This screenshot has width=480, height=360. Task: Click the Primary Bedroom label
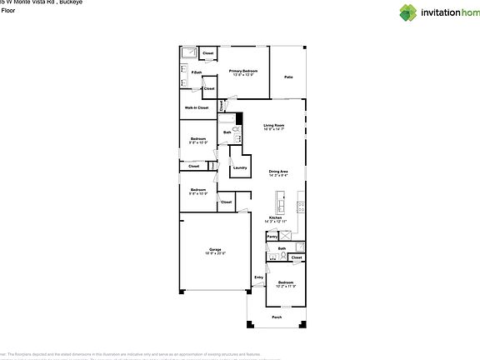[243, 71]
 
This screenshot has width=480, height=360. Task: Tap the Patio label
[288, 77]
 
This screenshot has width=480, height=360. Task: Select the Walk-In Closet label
[196, 107]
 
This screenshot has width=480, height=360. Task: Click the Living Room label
[274, 125]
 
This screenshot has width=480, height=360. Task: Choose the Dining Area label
[278, 171]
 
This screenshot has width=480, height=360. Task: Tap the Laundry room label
[240, 167]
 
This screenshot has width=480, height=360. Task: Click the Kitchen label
[275, 217]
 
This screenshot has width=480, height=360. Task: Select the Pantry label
[272, 237]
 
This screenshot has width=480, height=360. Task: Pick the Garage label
[215, 249]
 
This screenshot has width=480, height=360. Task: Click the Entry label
[258, 277]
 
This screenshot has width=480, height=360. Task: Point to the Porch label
[277, 317]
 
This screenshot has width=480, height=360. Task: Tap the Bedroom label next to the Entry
[285, 282]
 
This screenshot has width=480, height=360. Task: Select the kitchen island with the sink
[282, 203]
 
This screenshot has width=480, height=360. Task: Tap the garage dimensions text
[215, 253]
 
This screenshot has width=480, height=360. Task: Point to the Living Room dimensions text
[274, 130]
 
